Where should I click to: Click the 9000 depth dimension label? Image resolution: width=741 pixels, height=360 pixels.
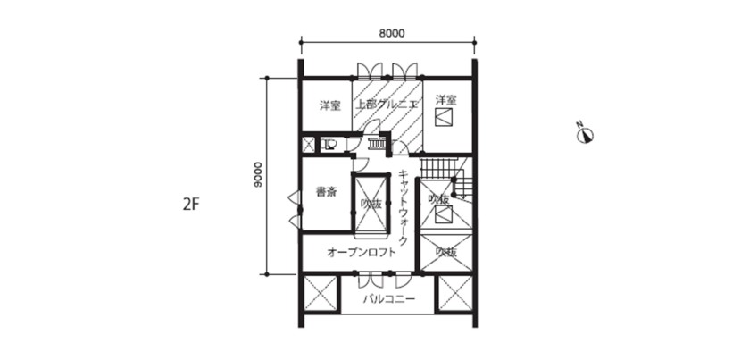(x=257, y=175)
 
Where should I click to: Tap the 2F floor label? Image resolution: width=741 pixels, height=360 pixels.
(x=190, y=205)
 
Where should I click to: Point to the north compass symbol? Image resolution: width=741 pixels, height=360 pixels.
(x=585, y=134)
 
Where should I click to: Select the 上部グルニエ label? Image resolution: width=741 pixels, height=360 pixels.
(x=387, y=105)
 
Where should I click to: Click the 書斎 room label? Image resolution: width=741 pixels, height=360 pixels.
(x=326, y=193)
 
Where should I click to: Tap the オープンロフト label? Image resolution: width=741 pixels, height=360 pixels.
(x=361, y=253)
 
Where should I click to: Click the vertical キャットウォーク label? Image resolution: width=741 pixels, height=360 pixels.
(x=404, y=206)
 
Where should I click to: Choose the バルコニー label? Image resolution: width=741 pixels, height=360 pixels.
(x=389, y=299)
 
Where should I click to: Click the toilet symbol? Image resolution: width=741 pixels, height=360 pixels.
(x=329, y=143)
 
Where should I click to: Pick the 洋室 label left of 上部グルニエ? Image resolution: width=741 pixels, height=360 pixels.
(x=329, y=106)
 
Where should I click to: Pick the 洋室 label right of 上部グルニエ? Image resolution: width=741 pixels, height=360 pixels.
(x=446, y=100)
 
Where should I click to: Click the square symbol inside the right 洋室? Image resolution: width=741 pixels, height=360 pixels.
(x=444, y=116)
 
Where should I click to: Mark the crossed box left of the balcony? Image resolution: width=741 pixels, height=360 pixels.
(x=320, y=294)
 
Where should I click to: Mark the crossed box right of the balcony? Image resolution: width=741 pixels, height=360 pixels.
(x=455, y=294)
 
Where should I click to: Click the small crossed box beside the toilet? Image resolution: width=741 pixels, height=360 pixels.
(x=308, y=145)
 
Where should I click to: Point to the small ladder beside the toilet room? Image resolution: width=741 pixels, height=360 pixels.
(x=377, y=142)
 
